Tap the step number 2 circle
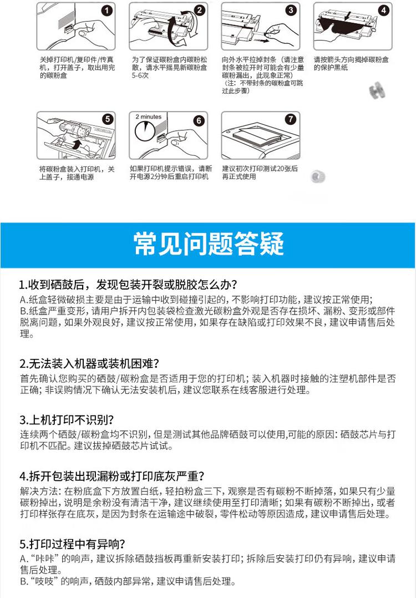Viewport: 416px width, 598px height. click(200, 10)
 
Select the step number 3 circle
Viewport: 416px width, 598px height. click(291, 10)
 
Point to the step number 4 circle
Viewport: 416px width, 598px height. click(384, 10)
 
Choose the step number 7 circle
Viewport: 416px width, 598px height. click(292, 119)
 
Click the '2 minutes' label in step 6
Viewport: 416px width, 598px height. click(148, 117)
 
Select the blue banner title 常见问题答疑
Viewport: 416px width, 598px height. click(209, 244)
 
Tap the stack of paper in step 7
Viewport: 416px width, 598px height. click(260, 133)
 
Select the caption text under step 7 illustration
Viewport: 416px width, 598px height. click(260, 172)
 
